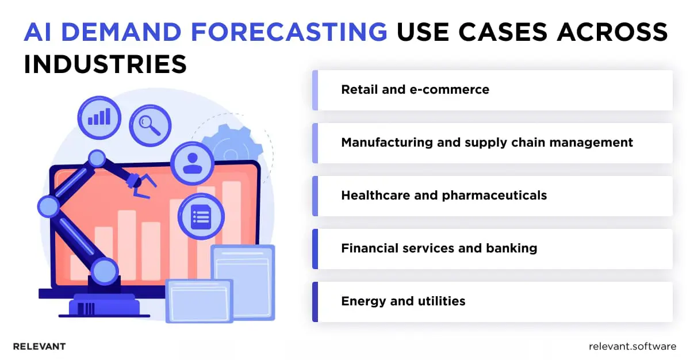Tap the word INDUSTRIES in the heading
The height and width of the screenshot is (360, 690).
[105, 64]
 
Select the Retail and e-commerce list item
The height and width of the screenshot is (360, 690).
[415, 90]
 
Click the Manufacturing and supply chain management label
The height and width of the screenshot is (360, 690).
[487, 143]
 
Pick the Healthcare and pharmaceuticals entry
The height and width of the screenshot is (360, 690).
[444, 196]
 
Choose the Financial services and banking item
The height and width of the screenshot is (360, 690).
[439, 248]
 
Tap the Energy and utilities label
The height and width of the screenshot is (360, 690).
[403, 301]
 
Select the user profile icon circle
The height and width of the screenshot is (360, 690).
[191, 160]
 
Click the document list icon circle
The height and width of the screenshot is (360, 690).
[201, 216]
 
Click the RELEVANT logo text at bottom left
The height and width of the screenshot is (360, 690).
[39, 347]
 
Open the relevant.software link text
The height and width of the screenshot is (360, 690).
[632, 347]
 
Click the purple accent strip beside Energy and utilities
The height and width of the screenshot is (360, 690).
[315, 301]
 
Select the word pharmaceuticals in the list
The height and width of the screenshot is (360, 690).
[494, 196]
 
